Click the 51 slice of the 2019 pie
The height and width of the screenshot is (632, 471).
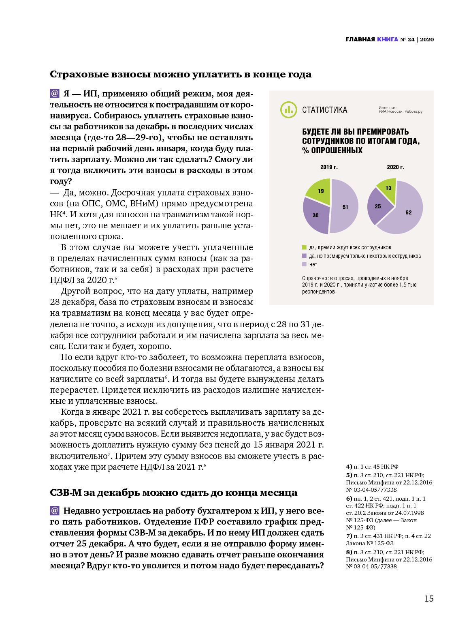point(344,207)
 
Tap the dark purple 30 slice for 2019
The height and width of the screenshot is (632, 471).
point(315,215)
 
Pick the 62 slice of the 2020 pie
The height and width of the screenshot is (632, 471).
point(407,213)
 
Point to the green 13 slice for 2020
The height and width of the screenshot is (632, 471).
point(388,189)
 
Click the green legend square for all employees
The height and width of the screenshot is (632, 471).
point(304,247)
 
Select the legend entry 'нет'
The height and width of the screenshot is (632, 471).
point(313,264)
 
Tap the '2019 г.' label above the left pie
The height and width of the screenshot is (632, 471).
point(329,167)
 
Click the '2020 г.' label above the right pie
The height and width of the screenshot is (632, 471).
point(395,167)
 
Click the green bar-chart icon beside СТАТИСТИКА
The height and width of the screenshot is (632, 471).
point(288,110)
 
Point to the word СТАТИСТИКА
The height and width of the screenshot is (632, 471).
point(324,110)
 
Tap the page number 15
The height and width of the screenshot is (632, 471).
point(429,598)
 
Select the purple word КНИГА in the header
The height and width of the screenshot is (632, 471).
point(388,39)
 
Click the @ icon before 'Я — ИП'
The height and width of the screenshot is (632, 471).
point(55,94)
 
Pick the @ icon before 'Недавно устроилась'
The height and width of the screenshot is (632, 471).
point(55,510)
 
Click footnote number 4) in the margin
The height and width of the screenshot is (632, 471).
point(349,467)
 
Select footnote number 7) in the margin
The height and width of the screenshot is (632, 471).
point(349,536)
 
